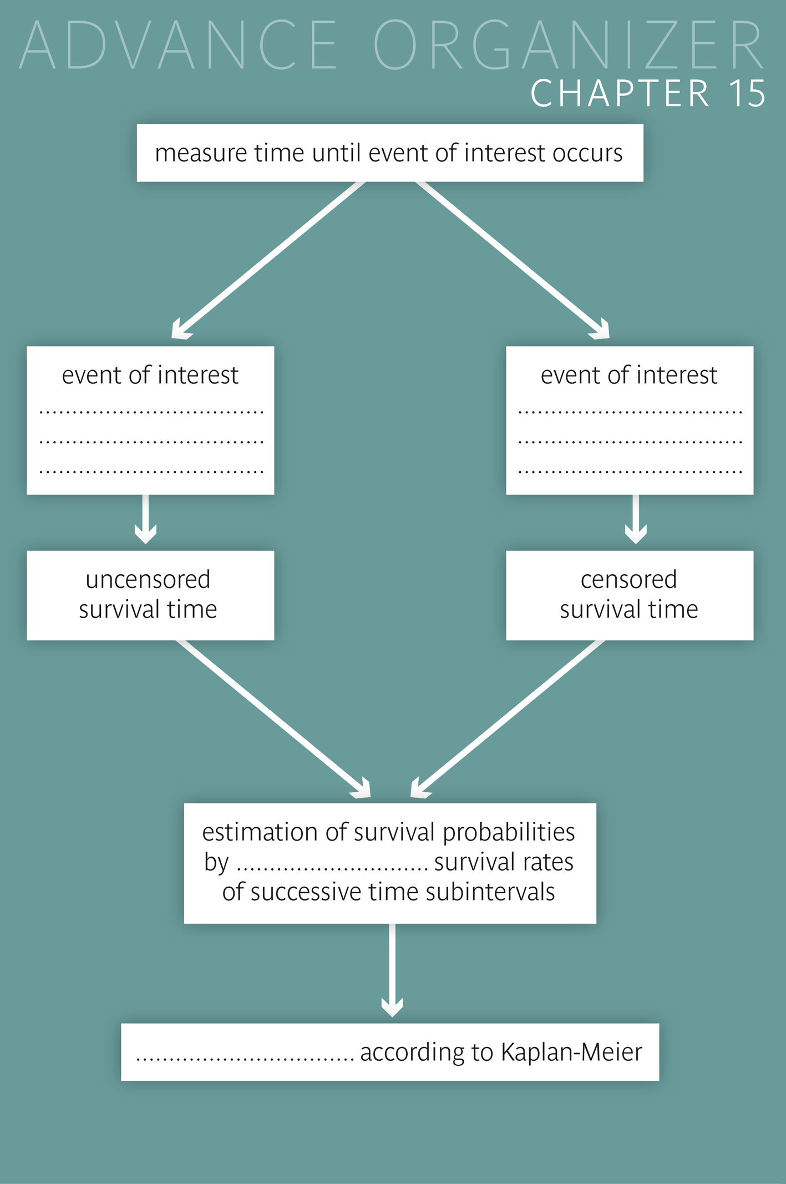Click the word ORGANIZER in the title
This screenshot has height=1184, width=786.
point(569,45)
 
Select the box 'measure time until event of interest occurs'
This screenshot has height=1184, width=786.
point(389,153)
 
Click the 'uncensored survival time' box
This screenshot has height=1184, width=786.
point(150,595)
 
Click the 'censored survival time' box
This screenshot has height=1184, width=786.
point(629,595)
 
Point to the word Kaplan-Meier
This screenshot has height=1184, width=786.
point(571,1053)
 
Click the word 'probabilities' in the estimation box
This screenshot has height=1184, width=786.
point(509,832)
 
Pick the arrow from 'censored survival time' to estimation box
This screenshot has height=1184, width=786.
point(507,719)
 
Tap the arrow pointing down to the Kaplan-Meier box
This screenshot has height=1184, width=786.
point(392,971)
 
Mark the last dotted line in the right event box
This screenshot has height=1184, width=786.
point(630,472)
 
